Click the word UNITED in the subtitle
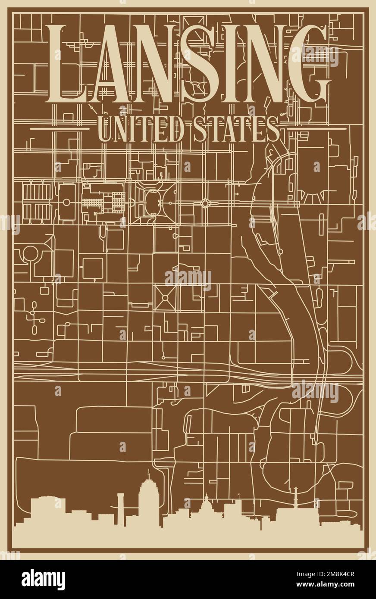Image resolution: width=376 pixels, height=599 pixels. (137, 128)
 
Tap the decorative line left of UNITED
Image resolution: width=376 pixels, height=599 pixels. (60, 128)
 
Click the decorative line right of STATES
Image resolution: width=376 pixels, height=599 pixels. (316, 128)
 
